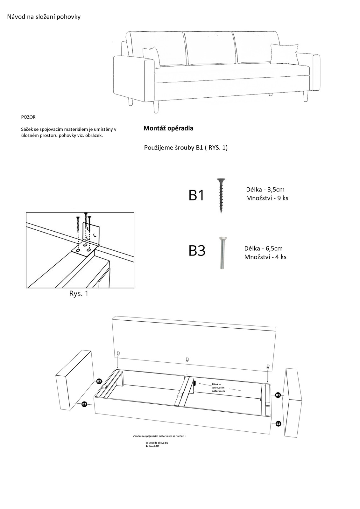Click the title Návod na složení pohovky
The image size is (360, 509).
pos(44,17)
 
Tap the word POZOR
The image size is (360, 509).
pos(28,117)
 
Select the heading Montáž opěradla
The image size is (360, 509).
pos(168,129)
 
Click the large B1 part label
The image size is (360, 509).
pos(196,195)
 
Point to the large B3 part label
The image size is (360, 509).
pos(197,251)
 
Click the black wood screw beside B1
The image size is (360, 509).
pos(220,195)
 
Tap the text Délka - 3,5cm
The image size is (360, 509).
pos(265,190)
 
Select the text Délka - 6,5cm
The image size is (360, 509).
pos(263,248)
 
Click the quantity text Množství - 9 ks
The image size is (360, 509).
pos(267,198)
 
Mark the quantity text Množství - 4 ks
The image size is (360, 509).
pos(265,257)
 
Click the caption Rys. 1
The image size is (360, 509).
pos(79,294)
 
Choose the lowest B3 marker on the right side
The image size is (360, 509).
pos(278,424)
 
